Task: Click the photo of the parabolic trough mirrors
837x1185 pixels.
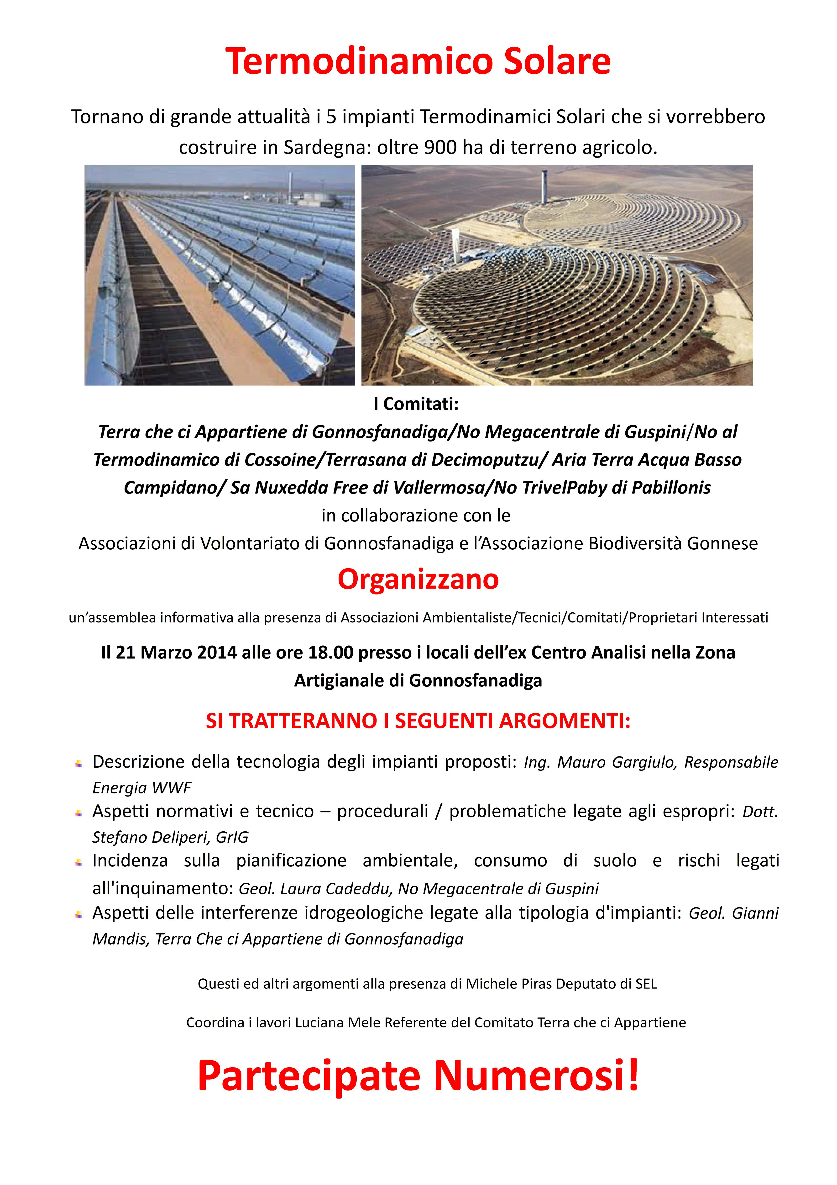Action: point(220,275)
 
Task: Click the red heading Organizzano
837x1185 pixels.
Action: point(418,579)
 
